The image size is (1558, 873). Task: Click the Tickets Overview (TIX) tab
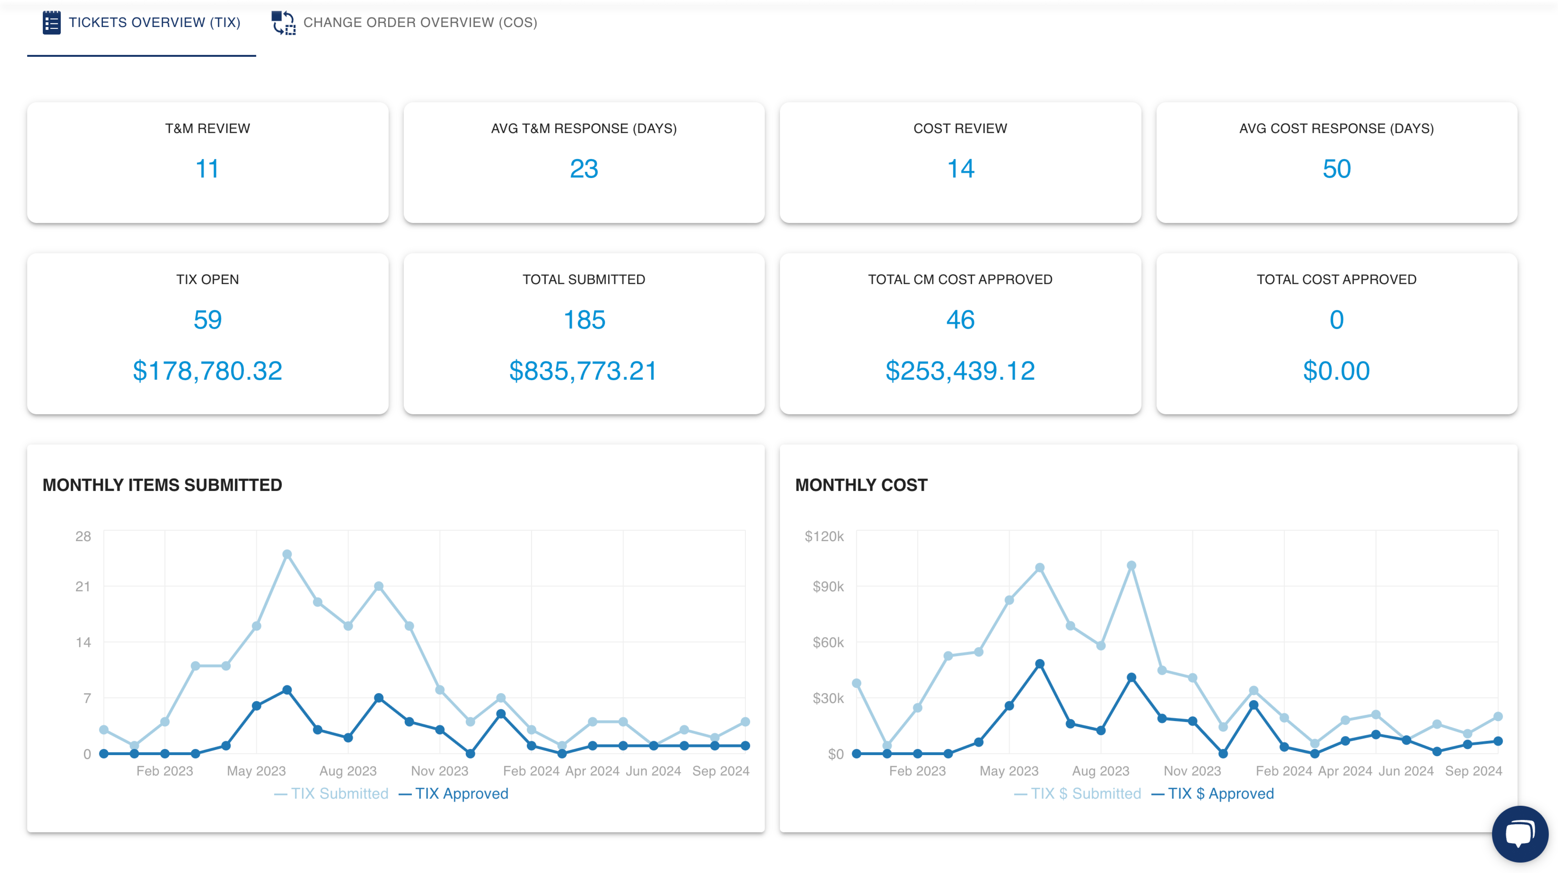coord(142,23)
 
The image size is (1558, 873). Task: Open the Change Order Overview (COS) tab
coord(404,23)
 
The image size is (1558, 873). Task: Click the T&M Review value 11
coord(207,169)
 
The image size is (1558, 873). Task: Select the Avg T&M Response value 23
coord(584,169)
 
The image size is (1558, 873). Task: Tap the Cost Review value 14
coord(960,169)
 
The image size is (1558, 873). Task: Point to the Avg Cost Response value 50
coord(1336,169)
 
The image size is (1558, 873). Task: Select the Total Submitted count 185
coord(584,320)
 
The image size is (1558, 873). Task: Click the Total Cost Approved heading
coord(1336,280)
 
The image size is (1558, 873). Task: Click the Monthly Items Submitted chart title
coord(162,485)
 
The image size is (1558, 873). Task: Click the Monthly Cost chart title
coord(861,485)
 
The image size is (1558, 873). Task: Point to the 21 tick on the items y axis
coord(83,586)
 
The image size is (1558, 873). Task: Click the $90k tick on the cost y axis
coord(828,586)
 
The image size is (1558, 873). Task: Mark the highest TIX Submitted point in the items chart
coord(287,554)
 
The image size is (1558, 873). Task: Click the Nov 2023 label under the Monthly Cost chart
coord(1192,771)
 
